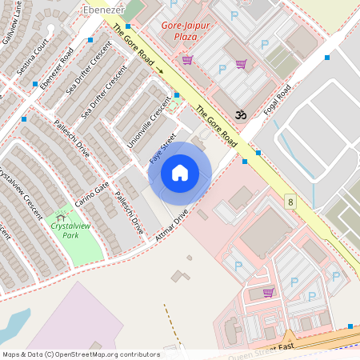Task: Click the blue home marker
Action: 180,173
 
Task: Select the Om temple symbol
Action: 238,115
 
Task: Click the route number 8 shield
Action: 290,202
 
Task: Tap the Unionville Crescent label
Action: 145,128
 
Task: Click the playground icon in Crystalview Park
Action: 62,216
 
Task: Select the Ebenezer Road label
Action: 57,70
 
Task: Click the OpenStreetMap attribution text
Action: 80,354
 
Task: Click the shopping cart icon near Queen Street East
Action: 268,292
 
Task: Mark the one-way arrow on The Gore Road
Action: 159,70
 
